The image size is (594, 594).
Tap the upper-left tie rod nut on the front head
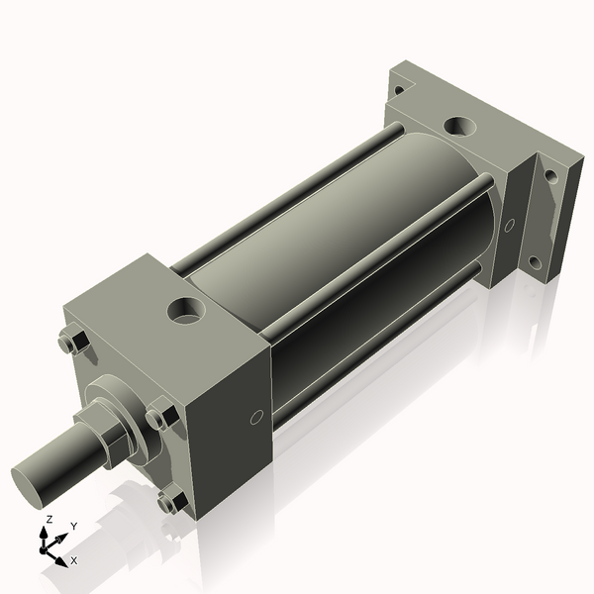(69, 344)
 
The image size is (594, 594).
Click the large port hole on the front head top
(185, 312)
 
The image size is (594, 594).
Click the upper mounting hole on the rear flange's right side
(551, 178)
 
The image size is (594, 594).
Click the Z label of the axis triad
(49, 520)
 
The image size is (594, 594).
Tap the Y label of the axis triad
(73, 526)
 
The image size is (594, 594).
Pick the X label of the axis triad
(74, 560)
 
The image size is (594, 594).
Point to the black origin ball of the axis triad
(46, 546)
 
